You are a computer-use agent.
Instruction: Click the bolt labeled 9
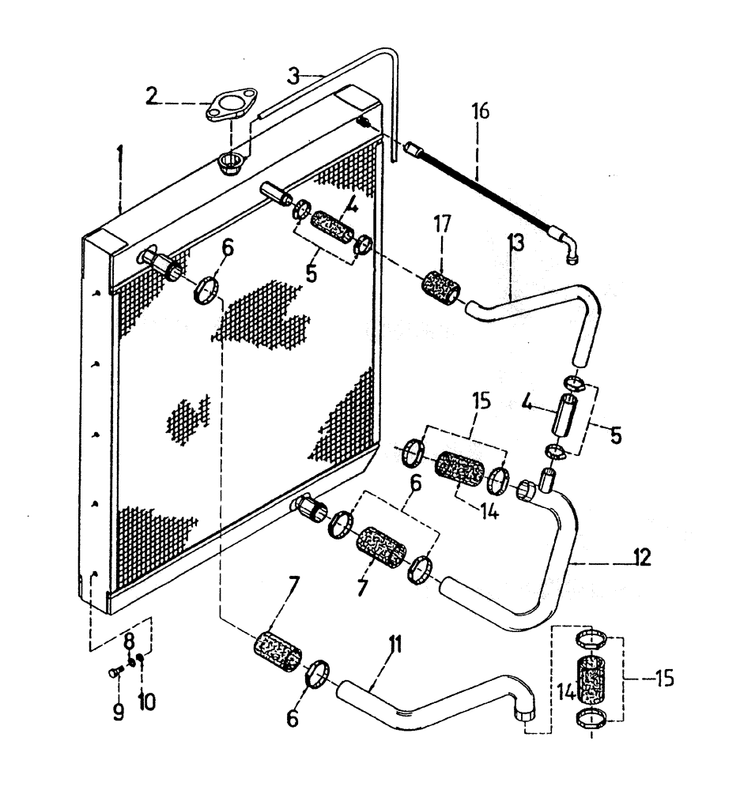pos(113,672)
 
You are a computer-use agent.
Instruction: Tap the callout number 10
pos(143,699)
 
